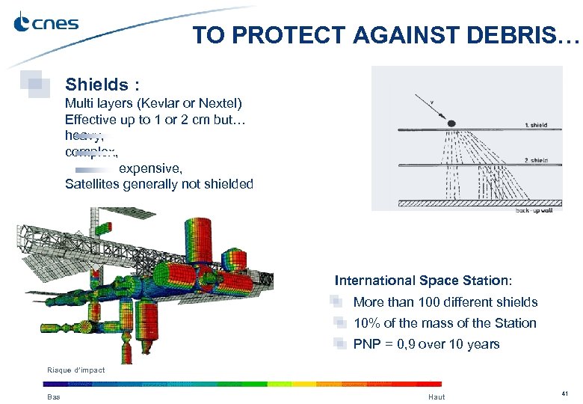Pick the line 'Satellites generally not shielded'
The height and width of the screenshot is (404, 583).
coord(158,185)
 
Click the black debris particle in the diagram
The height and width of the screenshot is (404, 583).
coord(452,123)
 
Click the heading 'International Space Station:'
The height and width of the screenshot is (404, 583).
coord(423,281)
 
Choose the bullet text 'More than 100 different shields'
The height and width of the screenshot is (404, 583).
coord(445,302)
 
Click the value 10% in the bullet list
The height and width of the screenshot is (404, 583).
coord(365,323)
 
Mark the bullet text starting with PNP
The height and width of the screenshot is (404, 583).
coord(426,344)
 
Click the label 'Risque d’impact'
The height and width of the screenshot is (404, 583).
coord(75,370)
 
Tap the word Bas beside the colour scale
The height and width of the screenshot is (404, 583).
coord(54,397)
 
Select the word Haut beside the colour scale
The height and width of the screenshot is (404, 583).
coord(437,397)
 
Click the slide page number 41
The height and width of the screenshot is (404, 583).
coord(565,394)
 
